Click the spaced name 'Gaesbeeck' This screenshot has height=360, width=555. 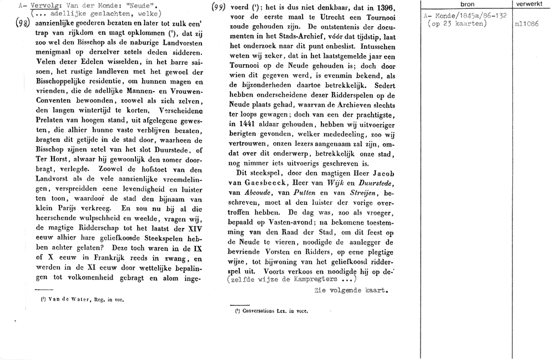[x=276, y=182]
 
